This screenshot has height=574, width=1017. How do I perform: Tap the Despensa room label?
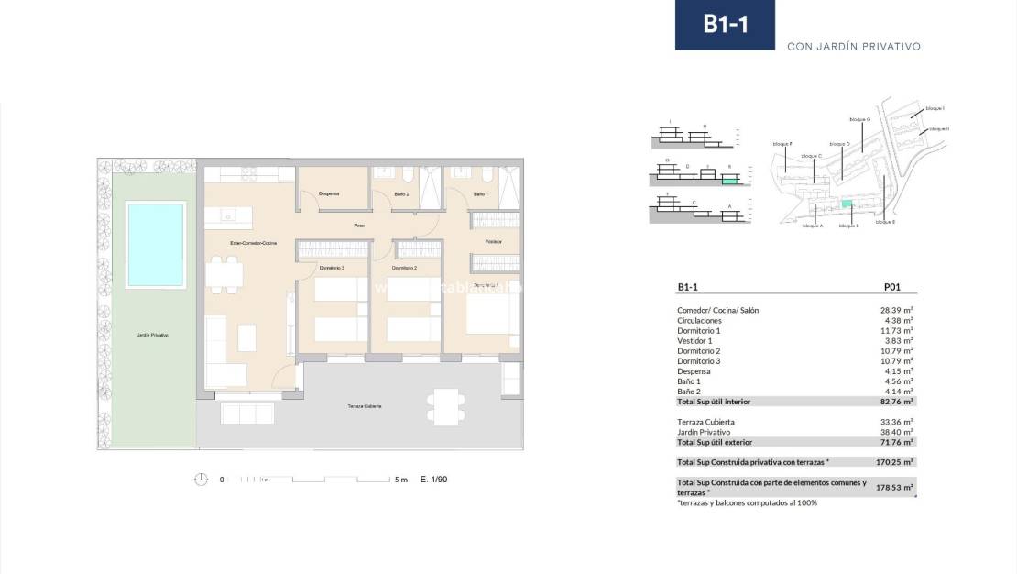click(329, 193)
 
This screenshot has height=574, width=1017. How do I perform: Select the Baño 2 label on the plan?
click(401, 193)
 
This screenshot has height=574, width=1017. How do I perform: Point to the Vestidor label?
click(493, 241)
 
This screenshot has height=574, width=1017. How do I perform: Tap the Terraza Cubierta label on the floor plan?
click(365, 405)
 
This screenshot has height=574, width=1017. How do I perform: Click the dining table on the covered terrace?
click(445, 406)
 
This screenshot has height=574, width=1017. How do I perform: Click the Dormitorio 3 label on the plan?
click(332, 268)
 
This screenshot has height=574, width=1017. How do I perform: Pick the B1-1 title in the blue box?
click(725, 25)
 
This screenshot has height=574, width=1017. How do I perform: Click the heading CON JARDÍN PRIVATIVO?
click(853, 46)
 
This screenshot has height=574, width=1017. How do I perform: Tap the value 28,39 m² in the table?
click(896, 310)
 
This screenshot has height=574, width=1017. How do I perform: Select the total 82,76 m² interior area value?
click(896, 402)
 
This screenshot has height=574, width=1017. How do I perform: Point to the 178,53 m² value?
click(896, 488)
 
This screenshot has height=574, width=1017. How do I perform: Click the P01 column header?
click(894, 287)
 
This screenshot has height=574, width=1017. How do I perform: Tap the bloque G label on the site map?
click(859, 119)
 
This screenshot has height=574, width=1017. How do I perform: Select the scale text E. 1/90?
click(434, 480)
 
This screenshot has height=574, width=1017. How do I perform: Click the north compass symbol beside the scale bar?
click(201, 480)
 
